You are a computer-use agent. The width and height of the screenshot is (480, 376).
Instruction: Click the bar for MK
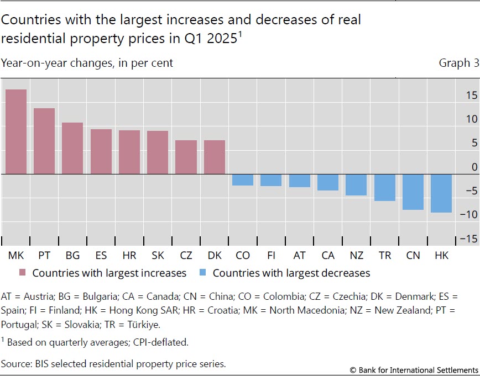point(16,132)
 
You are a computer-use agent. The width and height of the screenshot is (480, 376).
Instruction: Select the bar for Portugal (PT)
point(44,141)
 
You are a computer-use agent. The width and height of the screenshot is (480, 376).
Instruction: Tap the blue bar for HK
point(441,193)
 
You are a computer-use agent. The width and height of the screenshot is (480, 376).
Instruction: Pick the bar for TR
point(384,188)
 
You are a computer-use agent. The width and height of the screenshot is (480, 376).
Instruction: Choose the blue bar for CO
point(243,180)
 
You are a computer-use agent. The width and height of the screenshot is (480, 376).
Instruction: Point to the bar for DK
point(215,157)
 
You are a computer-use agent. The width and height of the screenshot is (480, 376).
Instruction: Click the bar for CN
point(413,192)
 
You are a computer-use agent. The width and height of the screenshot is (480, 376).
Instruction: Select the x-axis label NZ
point(356,256)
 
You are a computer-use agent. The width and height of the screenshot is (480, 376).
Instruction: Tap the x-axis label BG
point(72,256)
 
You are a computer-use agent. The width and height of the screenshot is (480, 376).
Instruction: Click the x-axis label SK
point(158,256)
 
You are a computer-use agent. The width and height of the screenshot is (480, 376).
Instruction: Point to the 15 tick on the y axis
point(471,95)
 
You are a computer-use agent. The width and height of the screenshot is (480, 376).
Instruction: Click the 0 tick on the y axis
point(474,167)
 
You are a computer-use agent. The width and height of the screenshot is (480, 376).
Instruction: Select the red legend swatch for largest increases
point(23,273)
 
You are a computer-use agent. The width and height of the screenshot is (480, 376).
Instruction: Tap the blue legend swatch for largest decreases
point(203,273)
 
